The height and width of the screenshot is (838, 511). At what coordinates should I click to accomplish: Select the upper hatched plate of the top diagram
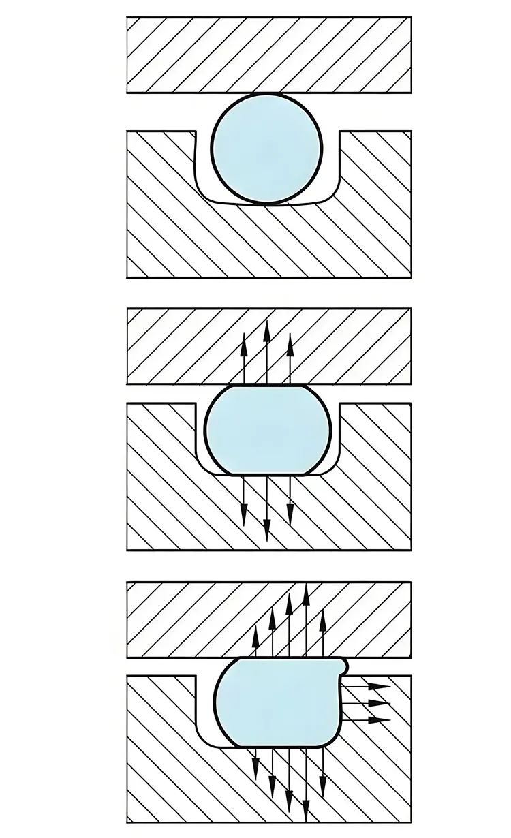269,55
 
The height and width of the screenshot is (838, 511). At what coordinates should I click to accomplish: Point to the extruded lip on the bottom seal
344,662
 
